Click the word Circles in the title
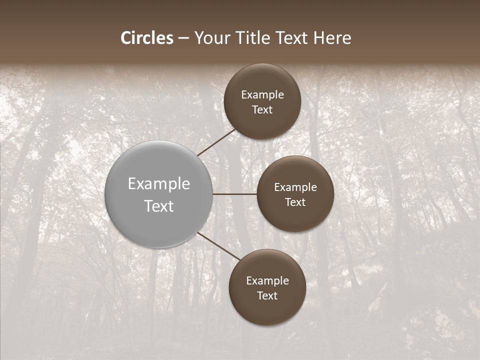(147, 38)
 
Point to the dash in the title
(183, 38)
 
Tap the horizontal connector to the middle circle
(234, 194)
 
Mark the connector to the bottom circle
(219, 246)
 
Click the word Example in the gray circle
(159, 184)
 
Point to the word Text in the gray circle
(159, 206)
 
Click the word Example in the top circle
(262, 95)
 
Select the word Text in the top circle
(262, 109)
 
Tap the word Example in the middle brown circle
(295, 187)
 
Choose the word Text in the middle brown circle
(295, 202)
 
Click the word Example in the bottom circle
(267, 281)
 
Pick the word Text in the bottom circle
(267, 295)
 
